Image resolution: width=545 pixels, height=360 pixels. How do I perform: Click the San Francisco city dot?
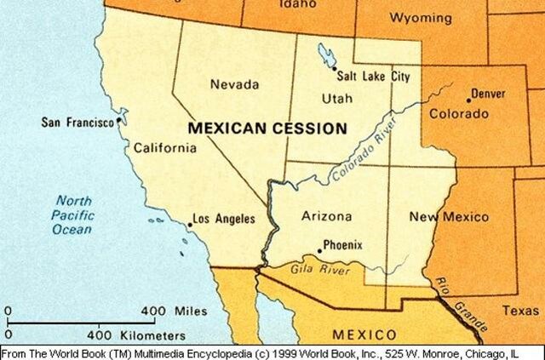click(118, 123)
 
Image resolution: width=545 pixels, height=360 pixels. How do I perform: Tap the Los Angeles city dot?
click(190, 224)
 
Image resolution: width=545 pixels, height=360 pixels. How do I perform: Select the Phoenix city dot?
click(319, 250)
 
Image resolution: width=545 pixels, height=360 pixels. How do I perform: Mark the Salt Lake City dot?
click(335, 69)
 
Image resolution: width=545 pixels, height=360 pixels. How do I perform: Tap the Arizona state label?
click(326, 216)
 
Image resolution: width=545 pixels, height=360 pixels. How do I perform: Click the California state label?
click(165, 149)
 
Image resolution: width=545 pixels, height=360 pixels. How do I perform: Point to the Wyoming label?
click(421, 17)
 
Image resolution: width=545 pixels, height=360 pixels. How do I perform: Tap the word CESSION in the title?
click(307, 129)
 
